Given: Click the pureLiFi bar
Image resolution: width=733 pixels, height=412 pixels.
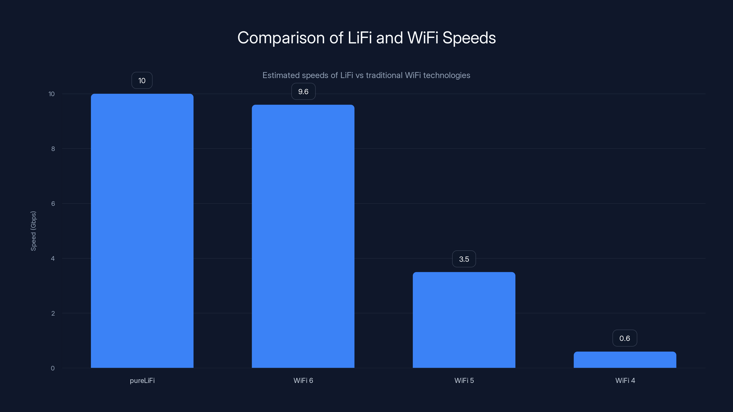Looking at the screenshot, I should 142,230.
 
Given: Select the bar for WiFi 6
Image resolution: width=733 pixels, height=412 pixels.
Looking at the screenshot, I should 303,236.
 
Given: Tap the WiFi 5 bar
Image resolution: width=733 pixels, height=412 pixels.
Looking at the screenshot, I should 464,320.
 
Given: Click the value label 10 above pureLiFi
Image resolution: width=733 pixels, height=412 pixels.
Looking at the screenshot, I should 142,81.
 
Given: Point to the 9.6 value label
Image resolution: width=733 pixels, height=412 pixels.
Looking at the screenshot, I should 303,92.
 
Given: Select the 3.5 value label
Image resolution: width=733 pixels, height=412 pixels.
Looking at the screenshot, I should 464,259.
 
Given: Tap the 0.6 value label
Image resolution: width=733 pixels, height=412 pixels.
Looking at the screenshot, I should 625,338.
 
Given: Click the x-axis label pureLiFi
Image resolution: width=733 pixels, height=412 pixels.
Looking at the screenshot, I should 142,380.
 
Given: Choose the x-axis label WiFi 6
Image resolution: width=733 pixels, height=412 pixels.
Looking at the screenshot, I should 303,380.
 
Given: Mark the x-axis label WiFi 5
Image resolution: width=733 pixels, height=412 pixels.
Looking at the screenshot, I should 464,380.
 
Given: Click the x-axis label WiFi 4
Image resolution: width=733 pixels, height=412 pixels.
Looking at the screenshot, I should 625,380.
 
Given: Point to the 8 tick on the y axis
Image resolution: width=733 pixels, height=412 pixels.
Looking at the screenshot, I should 53,149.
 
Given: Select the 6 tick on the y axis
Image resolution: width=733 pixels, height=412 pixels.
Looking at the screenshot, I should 53,203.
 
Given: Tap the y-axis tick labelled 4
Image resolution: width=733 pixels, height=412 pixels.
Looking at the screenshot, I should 53,258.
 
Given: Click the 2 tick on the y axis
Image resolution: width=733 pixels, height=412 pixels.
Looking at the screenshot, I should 53,313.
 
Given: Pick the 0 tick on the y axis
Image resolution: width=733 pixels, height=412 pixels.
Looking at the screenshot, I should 53,368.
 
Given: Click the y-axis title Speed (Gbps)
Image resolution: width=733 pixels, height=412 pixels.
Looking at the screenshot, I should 33,231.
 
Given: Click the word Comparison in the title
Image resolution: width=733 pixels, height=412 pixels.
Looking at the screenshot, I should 281,38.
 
